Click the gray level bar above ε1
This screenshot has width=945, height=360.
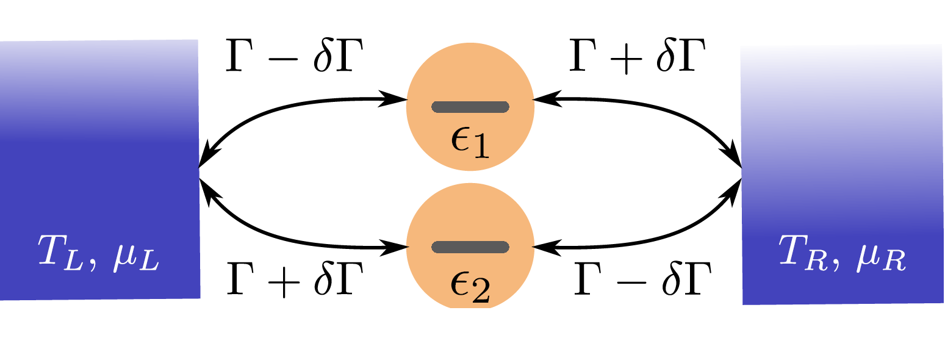click(x=470, y=107)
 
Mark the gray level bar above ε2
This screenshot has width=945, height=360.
click(x=470, y=247)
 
